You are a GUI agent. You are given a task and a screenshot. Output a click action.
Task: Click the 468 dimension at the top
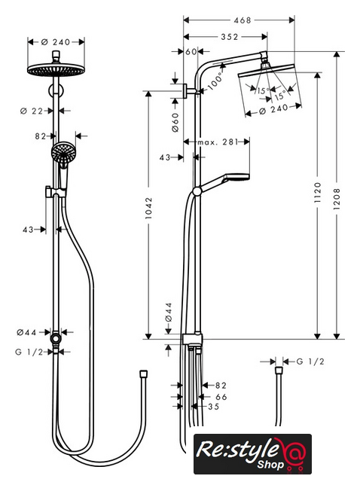click(243, 20)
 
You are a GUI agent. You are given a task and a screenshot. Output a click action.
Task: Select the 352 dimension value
click(230, 37)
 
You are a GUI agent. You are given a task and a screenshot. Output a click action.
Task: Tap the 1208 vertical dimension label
click(337, 199)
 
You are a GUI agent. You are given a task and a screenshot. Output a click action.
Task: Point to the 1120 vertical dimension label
click(318, 192)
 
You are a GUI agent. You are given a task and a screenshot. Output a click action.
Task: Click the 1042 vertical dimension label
click(149, 208)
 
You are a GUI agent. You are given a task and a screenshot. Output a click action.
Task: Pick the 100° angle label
click(215, 81)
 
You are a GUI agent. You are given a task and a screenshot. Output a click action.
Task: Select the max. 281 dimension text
click(218, 142)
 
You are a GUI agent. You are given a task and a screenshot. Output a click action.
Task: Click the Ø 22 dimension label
click(32, 111)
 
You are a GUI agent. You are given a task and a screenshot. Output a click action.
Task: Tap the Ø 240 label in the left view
click(56, 42)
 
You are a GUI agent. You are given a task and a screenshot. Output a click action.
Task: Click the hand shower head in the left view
click(63, 151)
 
